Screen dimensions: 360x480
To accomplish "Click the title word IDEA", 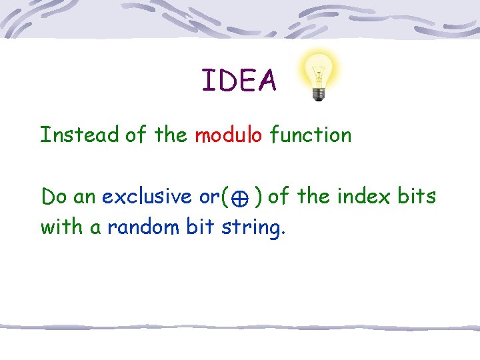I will tap(239, 81).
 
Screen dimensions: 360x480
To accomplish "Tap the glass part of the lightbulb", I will tap(319, 69).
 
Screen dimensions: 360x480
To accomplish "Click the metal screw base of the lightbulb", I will tap(319, 94).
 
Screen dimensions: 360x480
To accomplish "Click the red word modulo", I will tap(228, 135).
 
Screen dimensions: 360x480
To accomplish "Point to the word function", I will tap(310, 135).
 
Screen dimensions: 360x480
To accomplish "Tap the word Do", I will tap(53, 197).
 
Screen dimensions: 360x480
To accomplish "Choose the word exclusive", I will tap(147, 197).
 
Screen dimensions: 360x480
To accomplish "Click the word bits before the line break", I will tap(415, 197).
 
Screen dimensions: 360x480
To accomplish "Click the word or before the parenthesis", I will tap(209, 197).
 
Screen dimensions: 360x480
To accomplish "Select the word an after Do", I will tap(85, 197).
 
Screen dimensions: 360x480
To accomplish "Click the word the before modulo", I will tap(171, 135).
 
